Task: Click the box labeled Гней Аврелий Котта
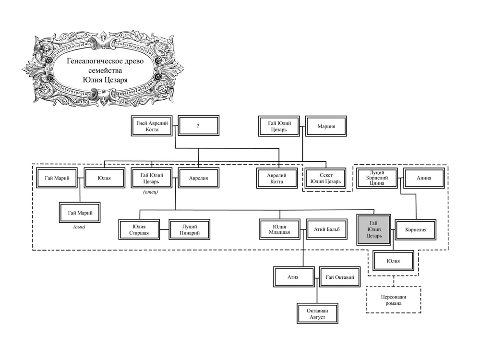coord(152,126)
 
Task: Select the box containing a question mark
coord(198,125)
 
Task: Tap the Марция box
coord(326,126)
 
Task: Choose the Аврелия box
coord(198,178)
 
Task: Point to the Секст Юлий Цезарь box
coord(326,178)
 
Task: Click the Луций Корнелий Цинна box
coord(377,178)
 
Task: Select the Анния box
coord(424,178)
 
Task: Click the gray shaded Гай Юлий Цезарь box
coord(374,229)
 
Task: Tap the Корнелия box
coord(415,229)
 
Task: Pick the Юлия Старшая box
coord(139,229)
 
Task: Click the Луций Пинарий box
coord(190,229)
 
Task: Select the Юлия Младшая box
coord(279,229)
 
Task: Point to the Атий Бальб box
coord(326,229)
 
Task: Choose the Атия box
coord(294,277)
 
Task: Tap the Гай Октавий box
coord(340,277)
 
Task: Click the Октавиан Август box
coord(317,313)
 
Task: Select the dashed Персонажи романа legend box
coord(394,300)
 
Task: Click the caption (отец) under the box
coord(150,192)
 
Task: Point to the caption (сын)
coord(79,227)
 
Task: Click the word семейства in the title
coord(105,71)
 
